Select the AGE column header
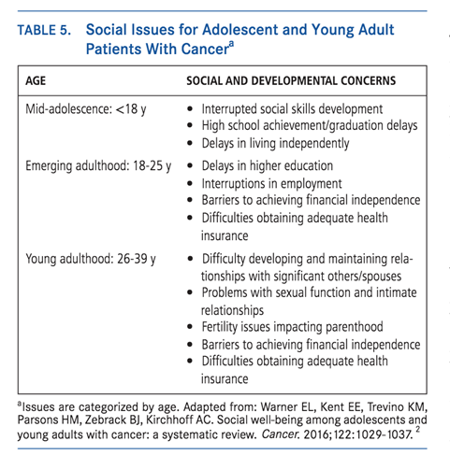coord(36,81)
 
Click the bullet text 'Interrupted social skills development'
coord(292,110)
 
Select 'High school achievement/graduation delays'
coord(308,127)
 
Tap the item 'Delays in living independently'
coord(276,144)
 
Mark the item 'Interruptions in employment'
coord(271,184)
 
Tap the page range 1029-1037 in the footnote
coord(395,434)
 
